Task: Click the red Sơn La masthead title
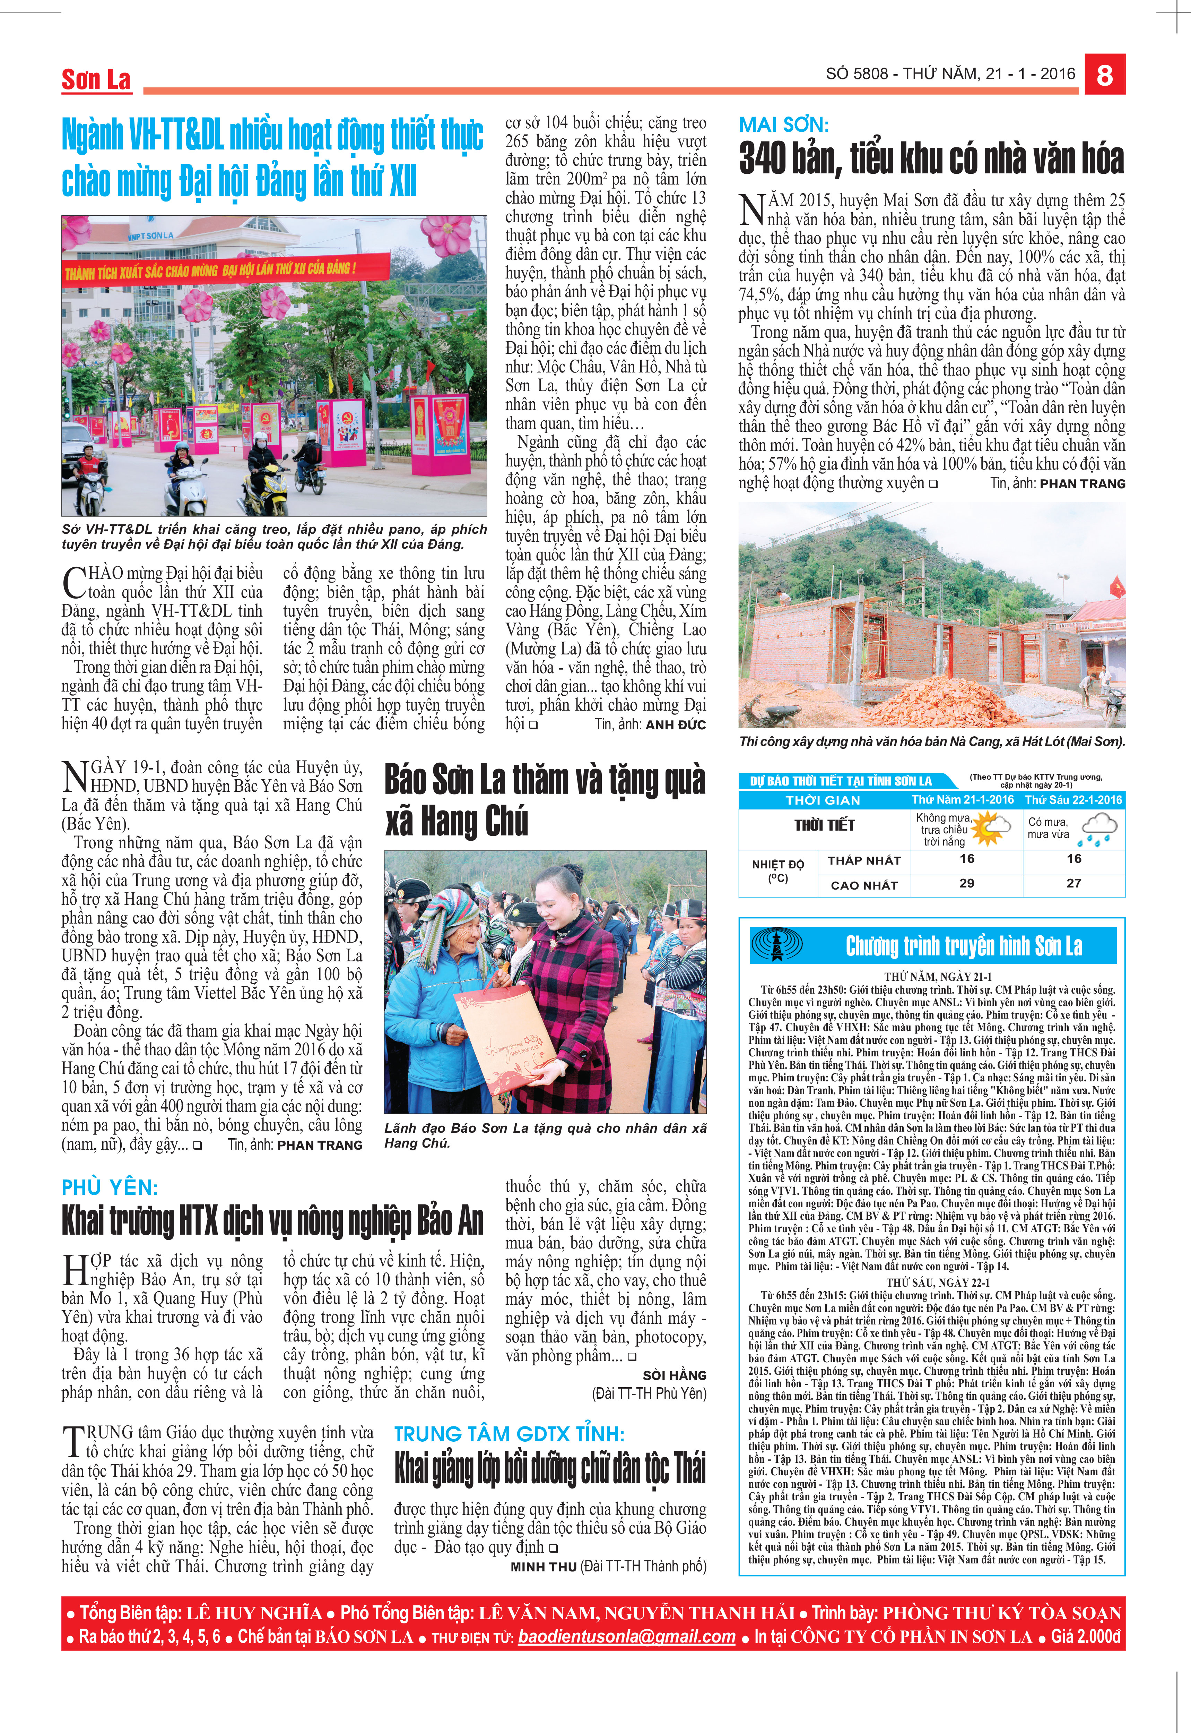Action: pos(96,80)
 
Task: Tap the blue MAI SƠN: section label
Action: pos(784,125)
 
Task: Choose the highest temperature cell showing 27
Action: pos(1074,883)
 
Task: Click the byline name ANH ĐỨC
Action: pos(675,724)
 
